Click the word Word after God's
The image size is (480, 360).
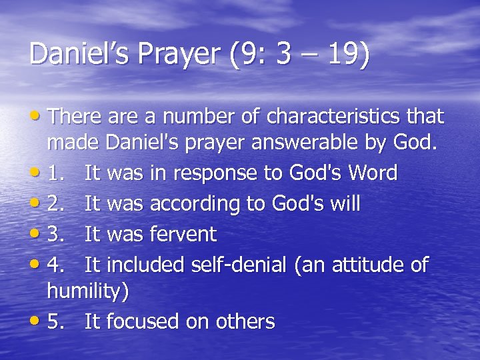(x=369, y=173)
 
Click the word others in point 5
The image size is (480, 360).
(x=245, y=322)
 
